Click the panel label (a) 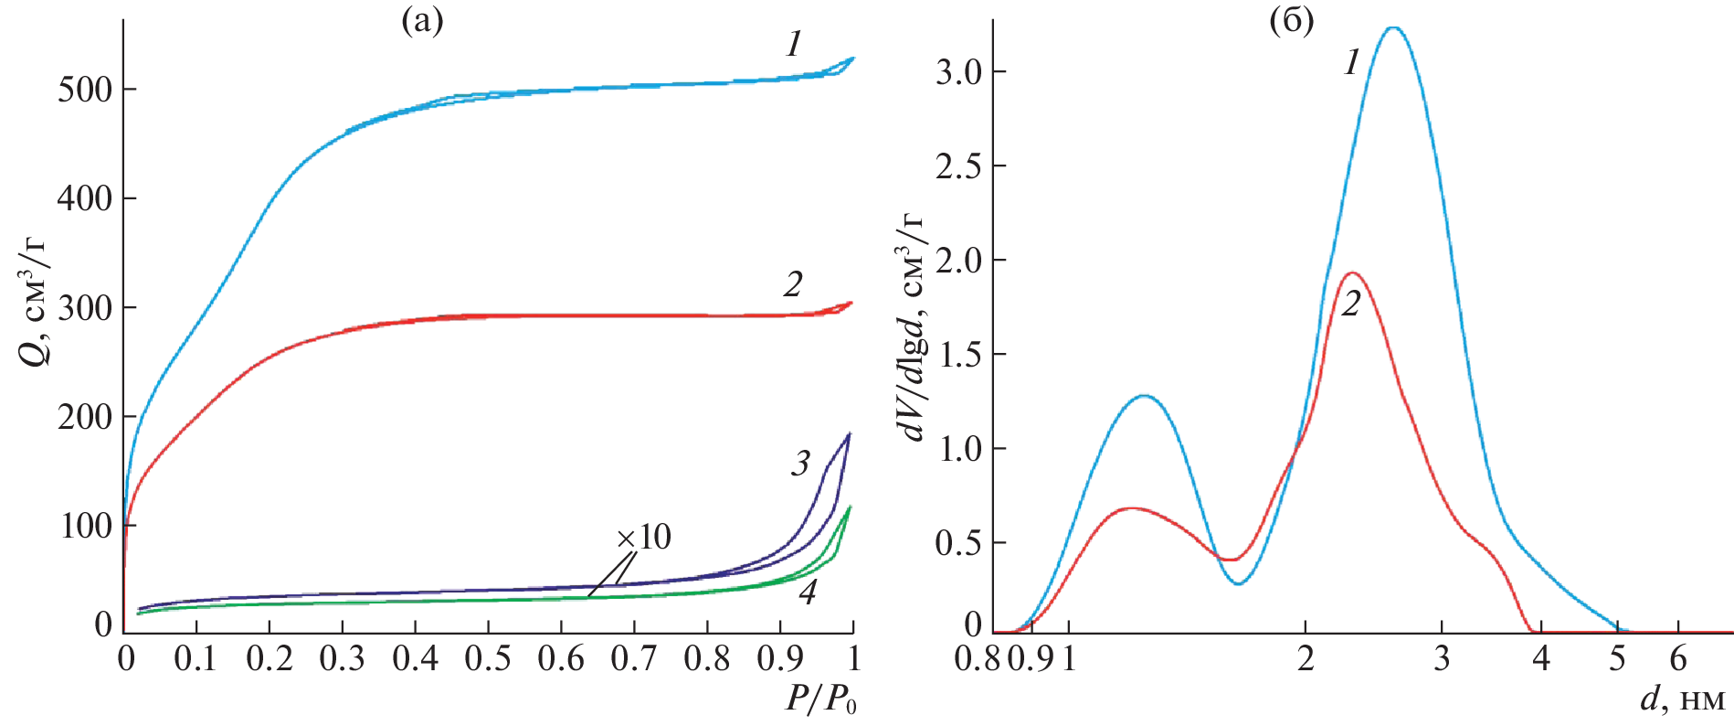pyautogui.click(x=422, y=20)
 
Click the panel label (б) pyautogui.click(x=1292, y=21)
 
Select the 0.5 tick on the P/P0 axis pyautogui.click(x=487, y=658)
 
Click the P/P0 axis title pyautogui.click(x=820, y=700)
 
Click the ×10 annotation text pyautogui.click(x=643, y=538)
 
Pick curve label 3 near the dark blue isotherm pyautogui.click(x=800, y=464)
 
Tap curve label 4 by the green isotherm pyautogui.click(x=807, y=593)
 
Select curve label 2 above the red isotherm pyautogui.click(x=792, y=284)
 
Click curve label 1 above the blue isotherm pyautogui.click(x=794, y=43)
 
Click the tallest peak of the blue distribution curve pyautogui.click(x=1393, y=28)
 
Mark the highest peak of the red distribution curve pyautogui.click(x=1351, y=273)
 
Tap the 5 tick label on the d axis pyautogui.click(x=1617, y=658)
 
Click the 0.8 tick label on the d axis pyautogui.click(x=978, y=658)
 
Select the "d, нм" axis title pyautogui.click(x=1682, y=700)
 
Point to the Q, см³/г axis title pyautogui.click(x=34, y=301)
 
